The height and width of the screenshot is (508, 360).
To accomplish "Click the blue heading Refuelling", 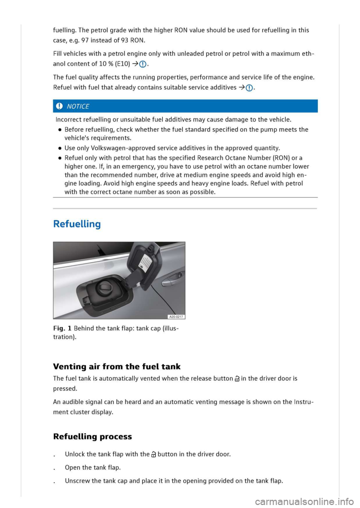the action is pyautogui.click(x=77, y=224).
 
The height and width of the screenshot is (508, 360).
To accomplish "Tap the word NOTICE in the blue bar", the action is pyautogui.click(x=78, y=106).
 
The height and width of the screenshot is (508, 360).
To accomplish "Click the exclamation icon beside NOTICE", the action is pyautogui.click(x=59, y=106).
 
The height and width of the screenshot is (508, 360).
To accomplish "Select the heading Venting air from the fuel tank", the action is pyautogui.click(x=117, y=366).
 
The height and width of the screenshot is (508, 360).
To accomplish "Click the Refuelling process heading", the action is pyautogui.click(x=92, y=436).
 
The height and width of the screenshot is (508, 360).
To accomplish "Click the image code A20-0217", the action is pyautogui.click(x=176, y=317).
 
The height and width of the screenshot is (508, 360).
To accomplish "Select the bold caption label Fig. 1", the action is pyautogui.click(x=62, y=328).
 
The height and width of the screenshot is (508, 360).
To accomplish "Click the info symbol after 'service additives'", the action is pyautogui.click(x=249, y=88).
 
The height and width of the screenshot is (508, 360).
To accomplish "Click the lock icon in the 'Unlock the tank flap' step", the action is pyautogui.click(x=153, y=455).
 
